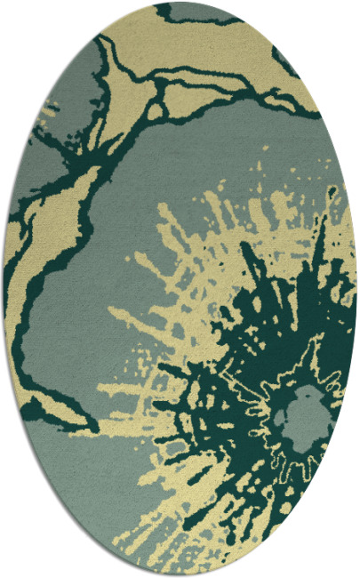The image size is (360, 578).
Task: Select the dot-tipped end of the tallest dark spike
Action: (331, 190)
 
